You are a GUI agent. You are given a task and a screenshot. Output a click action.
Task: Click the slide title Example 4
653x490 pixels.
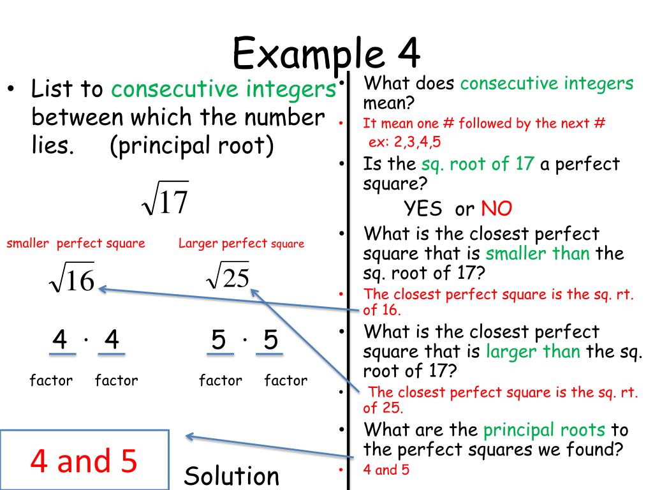click(326, 52)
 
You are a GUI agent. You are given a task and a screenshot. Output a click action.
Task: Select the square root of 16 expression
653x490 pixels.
click(72, 279)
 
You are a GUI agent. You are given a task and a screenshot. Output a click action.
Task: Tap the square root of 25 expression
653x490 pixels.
click(228, 276)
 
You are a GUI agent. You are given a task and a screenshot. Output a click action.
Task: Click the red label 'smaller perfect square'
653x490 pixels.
click(76, 243)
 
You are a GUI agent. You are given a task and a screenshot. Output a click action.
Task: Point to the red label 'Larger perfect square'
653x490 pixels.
click(241, 243)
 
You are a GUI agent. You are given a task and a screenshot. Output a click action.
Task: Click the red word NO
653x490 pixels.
click(497, 209)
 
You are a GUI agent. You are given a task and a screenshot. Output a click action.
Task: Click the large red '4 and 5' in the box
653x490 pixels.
click(84, 461)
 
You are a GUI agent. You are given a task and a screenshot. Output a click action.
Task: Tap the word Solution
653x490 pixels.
click(232, 476)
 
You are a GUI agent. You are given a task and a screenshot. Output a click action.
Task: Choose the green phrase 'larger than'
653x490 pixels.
click(533, 352)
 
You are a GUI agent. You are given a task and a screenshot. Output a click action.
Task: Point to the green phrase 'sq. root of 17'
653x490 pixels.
click(478, 164)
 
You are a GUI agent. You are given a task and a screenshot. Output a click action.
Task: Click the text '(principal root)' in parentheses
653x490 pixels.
click(192, 146)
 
